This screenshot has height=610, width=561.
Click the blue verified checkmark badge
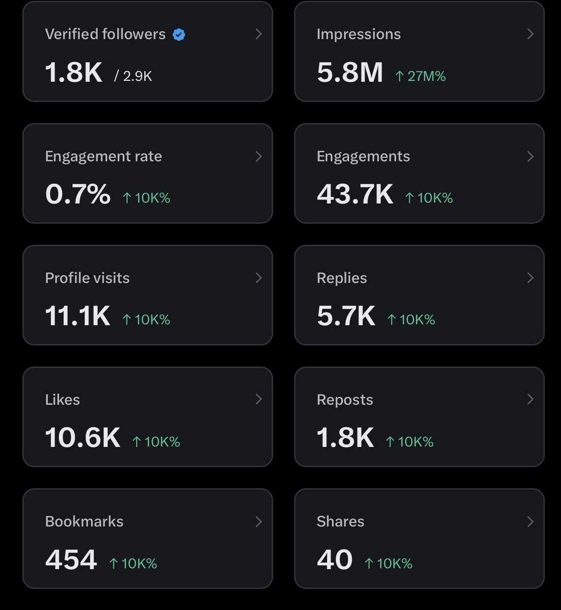pyautogui.click(x=179, y=35)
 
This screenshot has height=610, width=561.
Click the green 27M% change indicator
pyautogui.click(x=421, y=76)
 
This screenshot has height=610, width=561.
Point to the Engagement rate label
pyautogui.click(x=103, y=156)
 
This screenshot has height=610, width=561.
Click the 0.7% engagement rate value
pyautogui.click(x=77, y=194)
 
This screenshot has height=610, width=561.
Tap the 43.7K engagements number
pyautogui.click(x=355, y=194)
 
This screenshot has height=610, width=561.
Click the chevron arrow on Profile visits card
pyautogui.click(x=258, y=278)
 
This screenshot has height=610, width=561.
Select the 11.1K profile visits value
pyautogui.click(x=77, y=316)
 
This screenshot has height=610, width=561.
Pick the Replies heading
pyautogui.click(x=341, y=278)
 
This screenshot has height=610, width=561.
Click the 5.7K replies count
pyautogui.click(x=346, y=316)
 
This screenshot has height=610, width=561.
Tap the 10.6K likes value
pyautogui.click(x=82, y=437)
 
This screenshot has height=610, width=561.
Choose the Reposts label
pyautogui.click(x=344, y=400)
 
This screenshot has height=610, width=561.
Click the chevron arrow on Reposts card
pyautogui.click(x=530, y=400)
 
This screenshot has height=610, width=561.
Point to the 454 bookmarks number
pyautogui.click(x=71, y=560)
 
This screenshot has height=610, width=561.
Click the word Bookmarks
pyautogui.click(x=84, y=522)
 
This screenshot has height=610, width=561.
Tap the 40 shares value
pyautogui.click(x=334, y=560)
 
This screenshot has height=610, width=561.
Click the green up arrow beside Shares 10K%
pyautogui.click(x=369, y=563)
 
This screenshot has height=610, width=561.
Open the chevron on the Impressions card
pyautogui.click(x=530, y=34)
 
